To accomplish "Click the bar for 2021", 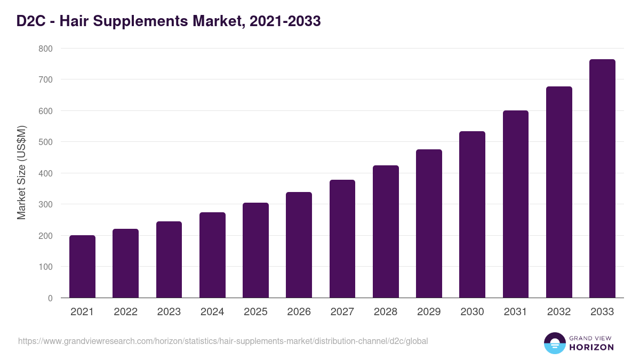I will tap(82, 267).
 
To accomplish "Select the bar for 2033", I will tap(602, 179).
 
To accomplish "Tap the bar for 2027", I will tap(342, 239).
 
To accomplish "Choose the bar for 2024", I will tap(212, 255).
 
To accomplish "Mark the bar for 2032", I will tap(559, 192).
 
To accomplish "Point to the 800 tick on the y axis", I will tap(46, 49).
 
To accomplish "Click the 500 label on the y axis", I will tap(46, 142).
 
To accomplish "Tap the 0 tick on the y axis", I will tap(50, 298).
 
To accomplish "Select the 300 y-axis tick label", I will tap(46, 205).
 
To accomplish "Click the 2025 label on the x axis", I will tap(255, 312).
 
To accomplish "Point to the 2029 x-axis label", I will tap(429, 312).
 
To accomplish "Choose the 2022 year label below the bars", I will tap(125, 312).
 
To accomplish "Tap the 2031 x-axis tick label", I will tap(516, 312).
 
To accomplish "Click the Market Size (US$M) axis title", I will tap(21, 173).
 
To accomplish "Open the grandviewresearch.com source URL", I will tap(223, 341).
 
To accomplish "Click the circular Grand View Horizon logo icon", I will tap(554, 343).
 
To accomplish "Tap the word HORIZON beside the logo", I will tap(591, 347).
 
